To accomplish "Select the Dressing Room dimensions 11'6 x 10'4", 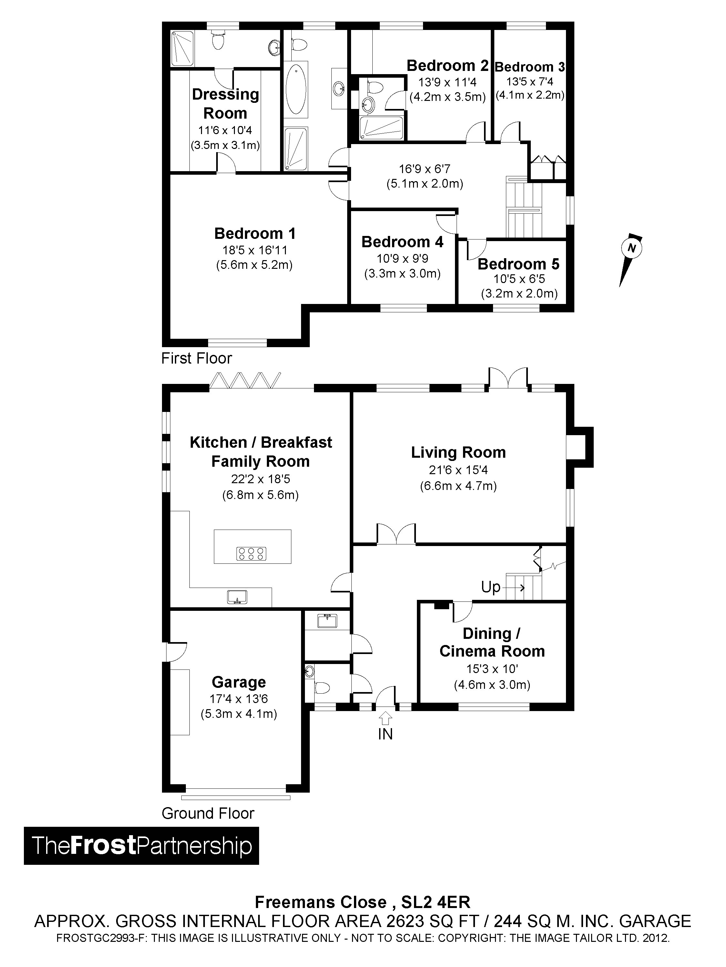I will pyautogui.click(x=225, y=130).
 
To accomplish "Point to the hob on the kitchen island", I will pyautogui.click(x=251, y=554).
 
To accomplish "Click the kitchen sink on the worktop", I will pyautogui.click(x=237, y=597).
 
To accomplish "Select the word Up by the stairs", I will pyautogui.click(x=490, y=587).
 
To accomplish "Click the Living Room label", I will pyautogui.click(x=458, y=453).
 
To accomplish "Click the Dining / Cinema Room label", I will pyautogui.click(x=492, y=642).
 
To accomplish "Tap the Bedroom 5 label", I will pyautogui.click(x=519, y=264).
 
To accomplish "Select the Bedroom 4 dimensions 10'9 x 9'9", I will pyautogui.click(x=402, y=259).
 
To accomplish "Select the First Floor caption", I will pyautogui.click(x=197, y=358).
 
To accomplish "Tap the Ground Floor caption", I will pyautogui.click(x=208, y=813).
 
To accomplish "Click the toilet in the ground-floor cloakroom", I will pyautogui.click(x=322, y=688).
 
